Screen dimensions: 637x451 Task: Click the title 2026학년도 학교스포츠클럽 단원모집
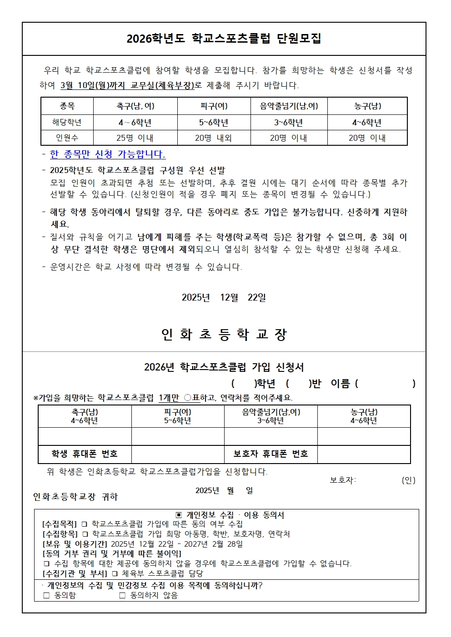224,39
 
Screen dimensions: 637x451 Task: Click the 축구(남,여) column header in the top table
135,106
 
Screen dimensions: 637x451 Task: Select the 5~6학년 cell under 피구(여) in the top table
214,123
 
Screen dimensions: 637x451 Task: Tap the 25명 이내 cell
135,138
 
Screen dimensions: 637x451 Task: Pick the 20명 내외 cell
214,138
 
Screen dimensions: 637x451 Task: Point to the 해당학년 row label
67,123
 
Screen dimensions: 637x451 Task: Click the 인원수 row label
67,138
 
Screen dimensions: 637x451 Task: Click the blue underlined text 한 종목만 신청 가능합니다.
107,154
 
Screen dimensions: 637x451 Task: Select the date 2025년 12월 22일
224,297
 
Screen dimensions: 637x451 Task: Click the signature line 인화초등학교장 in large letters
224,335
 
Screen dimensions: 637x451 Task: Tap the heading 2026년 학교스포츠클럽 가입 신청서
224,367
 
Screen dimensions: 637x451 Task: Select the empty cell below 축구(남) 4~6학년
85,436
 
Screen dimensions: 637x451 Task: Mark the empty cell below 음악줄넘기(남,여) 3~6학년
271,436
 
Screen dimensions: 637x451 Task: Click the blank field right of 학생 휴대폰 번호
178,454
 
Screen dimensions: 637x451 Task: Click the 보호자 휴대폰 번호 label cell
271,454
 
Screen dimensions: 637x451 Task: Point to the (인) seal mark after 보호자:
408,480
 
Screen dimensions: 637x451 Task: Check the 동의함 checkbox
46,595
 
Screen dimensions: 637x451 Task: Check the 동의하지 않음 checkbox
122,595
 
